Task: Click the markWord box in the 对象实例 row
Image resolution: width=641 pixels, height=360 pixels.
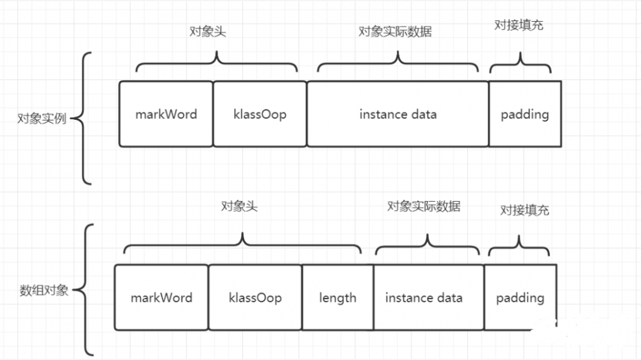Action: (x=166, y=114)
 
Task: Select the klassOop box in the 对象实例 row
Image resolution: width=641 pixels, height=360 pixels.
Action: (x=260, y=114)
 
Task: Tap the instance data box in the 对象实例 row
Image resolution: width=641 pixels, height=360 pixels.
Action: (x=397, y=114)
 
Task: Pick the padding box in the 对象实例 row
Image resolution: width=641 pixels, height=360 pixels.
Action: (x=525, y=114)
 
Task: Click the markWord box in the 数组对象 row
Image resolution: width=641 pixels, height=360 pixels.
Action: (x=161, y=298)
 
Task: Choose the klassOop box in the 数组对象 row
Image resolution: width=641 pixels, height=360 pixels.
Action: (x=255, y=298)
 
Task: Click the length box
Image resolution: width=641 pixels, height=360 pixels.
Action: (x=338, y=298)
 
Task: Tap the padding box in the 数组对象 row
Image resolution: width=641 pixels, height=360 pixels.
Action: (x=520, y=298)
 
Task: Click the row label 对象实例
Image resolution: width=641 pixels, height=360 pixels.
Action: (x=42, y=119)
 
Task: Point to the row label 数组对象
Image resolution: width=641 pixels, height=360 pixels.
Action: (x=44, y=290)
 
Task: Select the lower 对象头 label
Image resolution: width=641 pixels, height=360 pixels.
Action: (x=239, y=206)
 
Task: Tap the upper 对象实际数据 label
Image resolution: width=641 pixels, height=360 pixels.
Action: (x=395, y=32)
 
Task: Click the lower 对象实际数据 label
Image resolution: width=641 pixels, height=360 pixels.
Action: (x=424, y=206)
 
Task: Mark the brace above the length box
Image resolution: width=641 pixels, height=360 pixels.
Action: (x=242, y=243)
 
